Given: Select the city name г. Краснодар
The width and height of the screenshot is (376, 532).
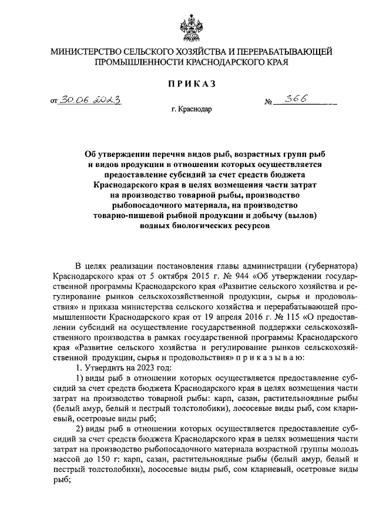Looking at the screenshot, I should [x=192, y=109].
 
